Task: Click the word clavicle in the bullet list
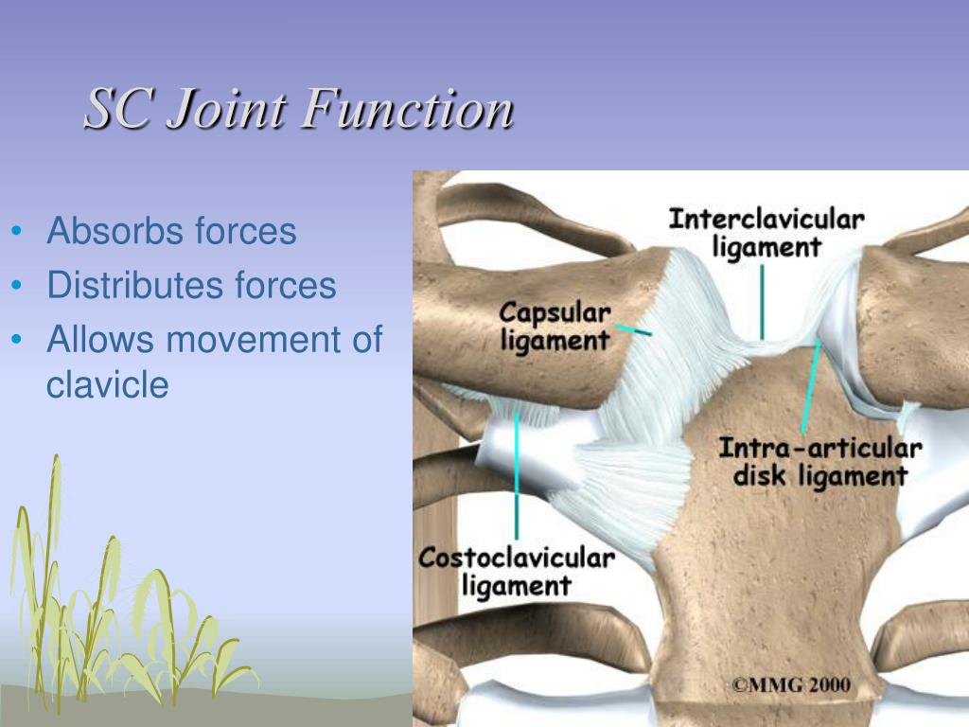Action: (x=107, y=384)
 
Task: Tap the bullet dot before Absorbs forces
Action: (x=19, y=233)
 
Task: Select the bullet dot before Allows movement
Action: (x=19, y=341)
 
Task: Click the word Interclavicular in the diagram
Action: (x=766, y=220)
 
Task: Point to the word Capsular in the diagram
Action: (x=555, y=312)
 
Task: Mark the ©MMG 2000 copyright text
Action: (x=790, y=684)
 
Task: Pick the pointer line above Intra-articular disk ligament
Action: (x=810, y=388)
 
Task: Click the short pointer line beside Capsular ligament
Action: (x=633, y=329)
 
